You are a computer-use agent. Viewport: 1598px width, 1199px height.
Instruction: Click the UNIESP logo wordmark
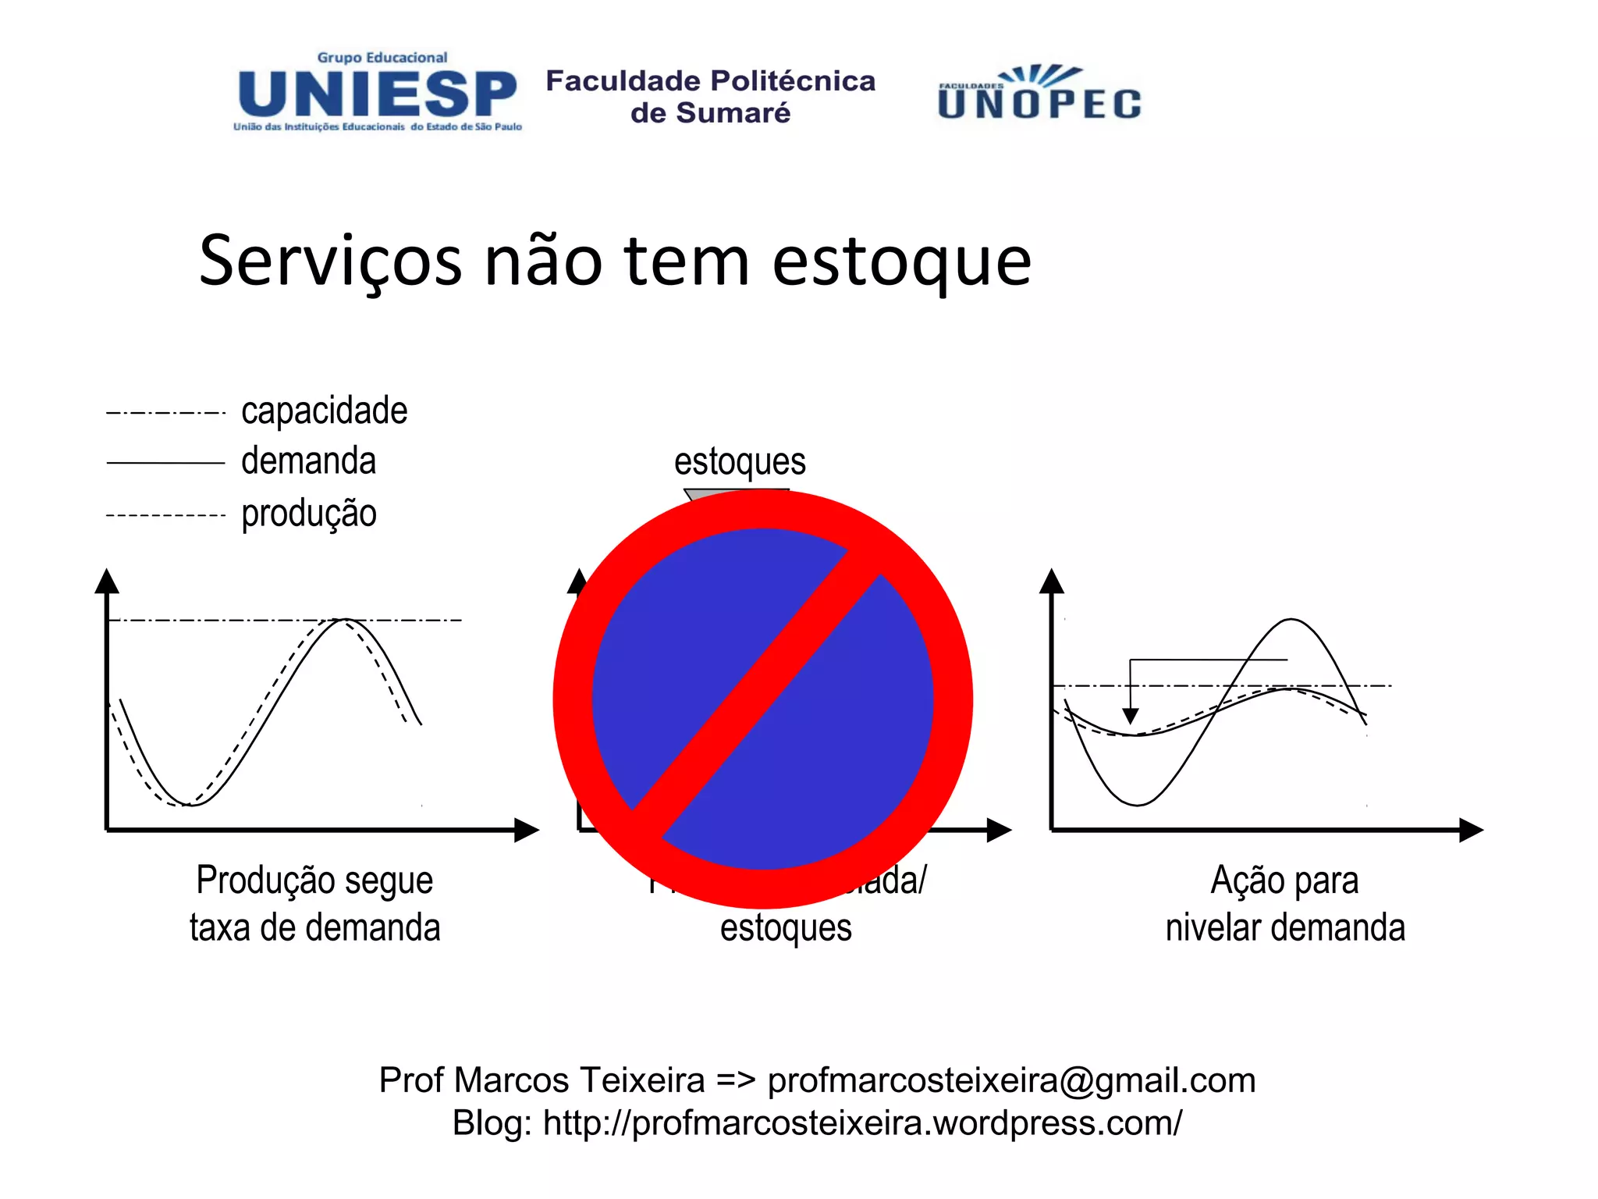[377, 94]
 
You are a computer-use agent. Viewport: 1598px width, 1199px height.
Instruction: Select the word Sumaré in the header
[733, 113]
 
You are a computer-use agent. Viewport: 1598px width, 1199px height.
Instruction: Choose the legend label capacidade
[324, 411]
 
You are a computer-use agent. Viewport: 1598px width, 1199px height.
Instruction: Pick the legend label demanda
[308, 461]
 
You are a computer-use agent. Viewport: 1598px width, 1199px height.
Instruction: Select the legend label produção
[308, 514]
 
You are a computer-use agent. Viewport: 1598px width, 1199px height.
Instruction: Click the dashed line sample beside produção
[165, 515]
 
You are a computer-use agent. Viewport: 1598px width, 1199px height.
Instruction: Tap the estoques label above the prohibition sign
[740, 461]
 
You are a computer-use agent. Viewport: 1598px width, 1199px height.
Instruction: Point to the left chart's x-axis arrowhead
[527, 830]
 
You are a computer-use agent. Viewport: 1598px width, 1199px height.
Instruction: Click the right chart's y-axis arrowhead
[1052, 580]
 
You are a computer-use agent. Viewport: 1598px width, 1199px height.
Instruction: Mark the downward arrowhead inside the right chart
[1130, 716]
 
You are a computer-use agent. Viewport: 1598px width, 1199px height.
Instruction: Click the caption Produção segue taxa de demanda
[314, 904]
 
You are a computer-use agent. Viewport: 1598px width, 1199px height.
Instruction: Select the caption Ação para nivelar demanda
[1285, 904]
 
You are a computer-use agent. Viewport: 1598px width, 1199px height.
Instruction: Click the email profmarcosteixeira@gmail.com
[1011, 1080]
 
